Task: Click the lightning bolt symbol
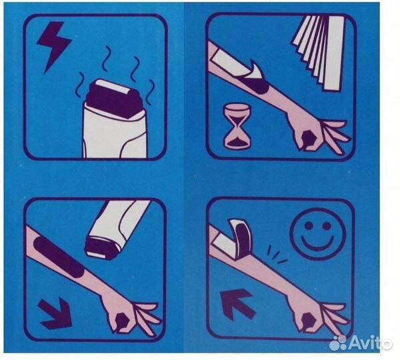click(x=54, y=43)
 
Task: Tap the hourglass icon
click(x=237, y=126)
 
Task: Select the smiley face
click(x=317, y=234)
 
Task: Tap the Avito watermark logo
click(x=360, y=343)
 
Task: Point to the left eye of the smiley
click(x=309, y=225)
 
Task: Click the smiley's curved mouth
click(x=317, y=243)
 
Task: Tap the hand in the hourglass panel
click(x=319, y=135)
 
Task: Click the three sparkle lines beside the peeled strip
click(x=276, y=255)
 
